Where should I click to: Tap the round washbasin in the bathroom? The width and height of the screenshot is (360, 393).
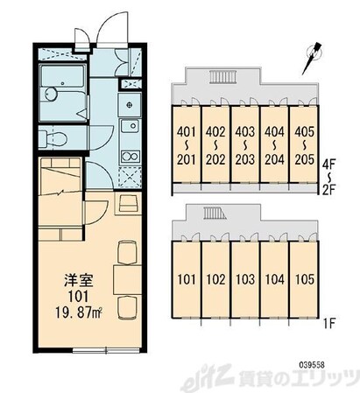tap(52, 95)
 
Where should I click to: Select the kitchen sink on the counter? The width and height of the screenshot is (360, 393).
tap(130, 126)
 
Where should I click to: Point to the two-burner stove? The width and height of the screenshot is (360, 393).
tap(130, 157)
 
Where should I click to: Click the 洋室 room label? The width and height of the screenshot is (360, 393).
tap(78, 280)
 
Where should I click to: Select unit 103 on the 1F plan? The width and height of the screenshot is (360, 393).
tap(245, 279)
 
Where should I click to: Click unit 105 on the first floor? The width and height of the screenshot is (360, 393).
tap(304, 279)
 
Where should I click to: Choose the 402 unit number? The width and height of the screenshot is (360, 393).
tap(215, 132)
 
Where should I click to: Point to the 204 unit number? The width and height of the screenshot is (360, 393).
tap(274, 159)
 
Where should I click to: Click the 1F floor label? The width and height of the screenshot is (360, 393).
tap(329, 323)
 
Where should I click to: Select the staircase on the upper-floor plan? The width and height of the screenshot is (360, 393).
tap(222, 77)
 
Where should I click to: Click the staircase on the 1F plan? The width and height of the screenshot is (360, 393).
tap(215, 213)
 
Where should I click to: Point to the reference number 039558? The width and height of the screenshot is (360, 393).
tap(312, 365)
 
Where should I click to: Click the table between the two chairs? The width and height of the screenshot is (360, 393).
tap(127, 279)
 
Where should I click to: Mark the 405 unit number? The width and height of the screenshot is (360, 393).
tap(305, 132)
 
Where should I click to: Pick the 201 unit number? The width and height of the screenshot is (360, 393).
tap(186, 159)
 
